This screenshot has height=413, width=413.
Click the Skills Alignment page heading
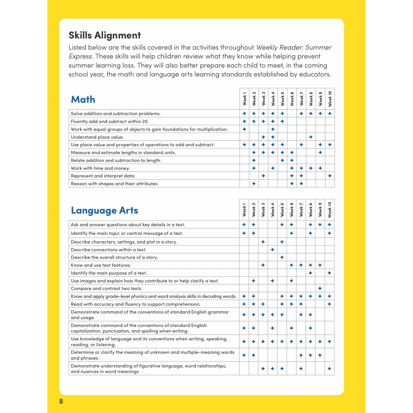pos(105,35)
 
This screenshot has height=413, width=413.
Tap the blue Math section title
pos(83,99)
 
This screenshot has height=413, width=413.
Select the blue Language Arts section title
pos(104,210)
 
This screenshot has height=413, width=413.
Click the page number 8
pos(61,401)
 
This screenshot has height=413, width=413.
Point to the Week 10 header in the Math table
pos(330,99)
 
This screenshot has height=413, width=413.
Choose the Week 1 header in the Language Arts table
pos(244,210)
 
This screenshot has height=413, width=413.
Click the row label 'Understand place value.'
pos(97,137)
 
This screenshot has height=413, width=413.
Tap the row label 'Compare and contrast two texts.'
pos(106,289)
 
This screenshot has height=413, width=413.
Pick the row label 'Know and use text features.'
pos(101,265)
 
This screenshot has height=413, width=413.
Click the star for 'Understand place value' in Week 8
pos(311,137)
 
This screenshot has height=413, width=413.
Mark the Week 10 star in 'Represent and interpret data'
pos(330,176)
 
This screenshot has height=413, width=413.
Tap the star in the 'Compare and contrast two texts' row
pos(320,289)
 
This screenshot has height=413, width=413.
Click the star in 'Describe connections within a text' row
pos(272,250)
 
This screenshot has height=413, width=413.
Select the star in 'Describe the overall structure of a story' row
pos(282,257)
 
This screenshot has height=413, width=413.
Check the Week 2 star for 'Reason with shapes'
pos(254,183)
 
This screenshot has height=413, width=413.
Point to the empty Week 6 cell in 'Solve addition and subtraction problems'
pos(292,113)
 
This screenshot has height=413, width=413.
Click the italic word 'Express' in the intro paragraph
pos(80,56)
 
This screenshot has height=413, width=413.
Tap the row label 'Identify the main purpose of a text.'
pos(109,273)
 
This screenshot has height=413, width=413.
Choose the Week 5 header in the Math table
pos(282,99)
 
